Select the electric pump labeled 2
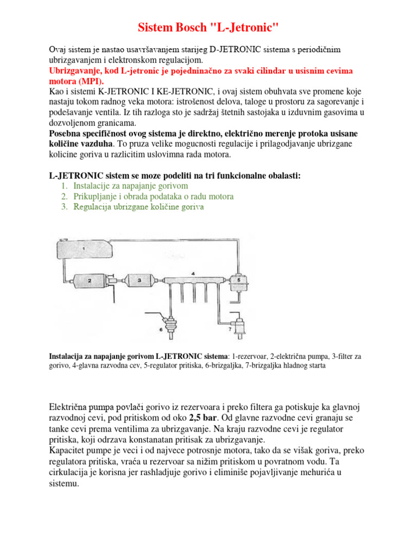[90, 280]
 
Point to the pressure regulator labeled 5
[237, 280]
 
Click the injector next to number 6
[172, 323]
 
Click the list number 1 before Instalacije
[64, 186]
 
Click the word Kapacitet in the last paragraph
[68, 451]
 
